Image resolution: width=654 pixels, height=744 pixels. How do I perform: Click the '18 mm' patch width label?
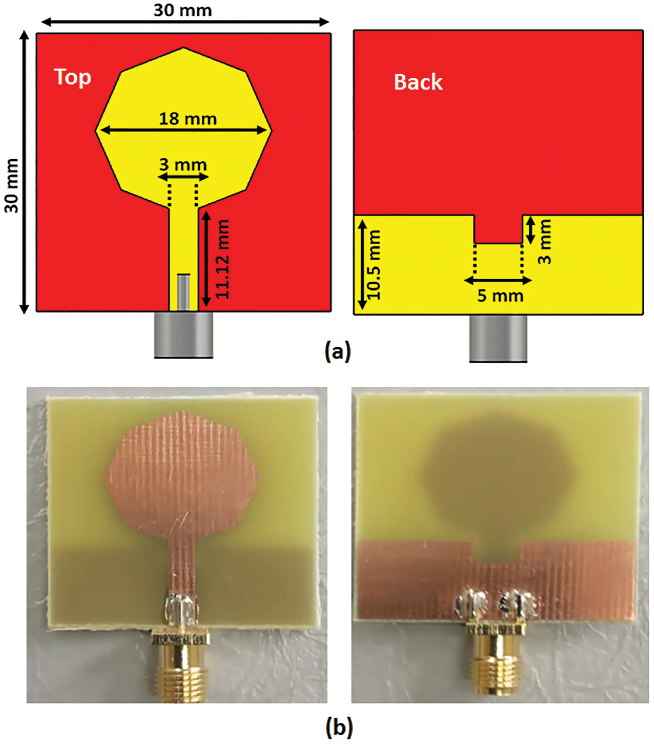(188, 119)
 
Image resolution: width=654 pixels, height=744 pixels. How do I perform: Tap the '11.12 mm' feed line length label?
(222, 259)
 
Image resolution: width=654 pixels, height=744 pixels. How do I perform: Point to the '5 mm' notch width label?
(500, 295)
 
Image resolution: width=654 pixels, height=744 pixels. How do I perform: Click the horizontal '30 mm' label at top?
(182, 10)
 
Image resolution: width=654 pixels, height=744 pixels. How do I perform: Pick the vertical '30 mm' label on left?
(12, 186)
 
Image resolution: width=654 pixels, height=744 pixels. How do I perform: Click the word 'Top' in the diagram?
(72, 77)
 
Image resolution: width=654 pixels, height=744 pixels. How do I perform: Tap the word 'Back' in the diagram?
(418, 82)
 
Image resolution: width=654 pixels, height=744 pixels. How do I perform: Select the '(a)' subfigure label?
(338, 351)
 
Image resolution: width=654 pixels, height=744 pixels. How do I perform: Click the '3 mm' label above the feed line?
(183, 165)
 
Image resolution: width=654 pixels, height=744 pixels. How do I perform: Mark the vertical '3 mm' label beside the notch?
(545, 241)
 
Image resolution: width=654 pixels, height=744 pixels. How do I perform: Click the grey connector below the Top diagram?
(183, 335)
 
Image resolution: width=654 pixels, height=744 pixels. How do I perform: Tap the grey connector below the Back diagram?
(498, 338)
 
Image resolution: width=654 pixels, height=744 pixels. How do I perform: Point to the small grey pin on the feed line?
(183, 292)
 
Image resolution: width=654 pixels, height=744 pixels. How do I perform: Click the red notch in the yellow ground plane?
(498, 229)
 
